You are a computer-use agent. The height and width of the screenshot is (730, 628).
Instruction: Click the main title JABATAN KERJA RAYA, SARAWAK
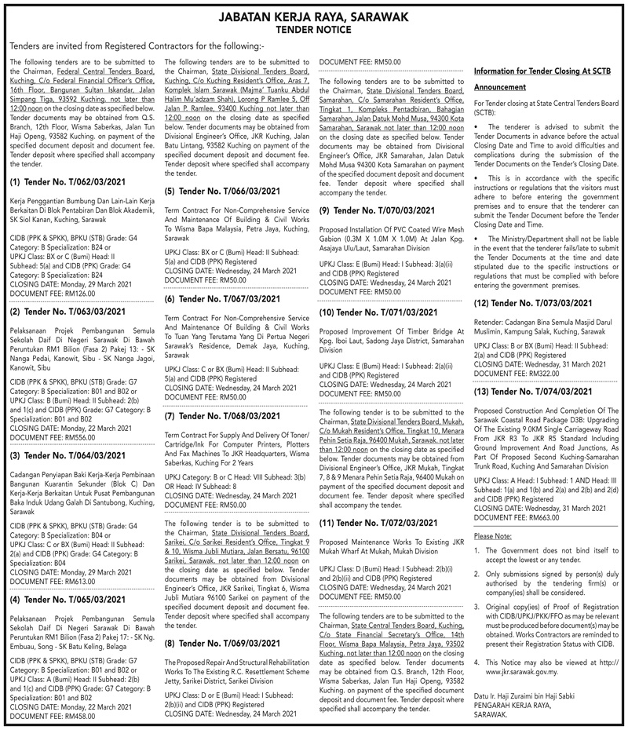(314, 16)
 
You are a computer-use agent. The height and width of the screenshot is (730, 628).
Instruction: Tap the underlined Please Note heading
(493, 535)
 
